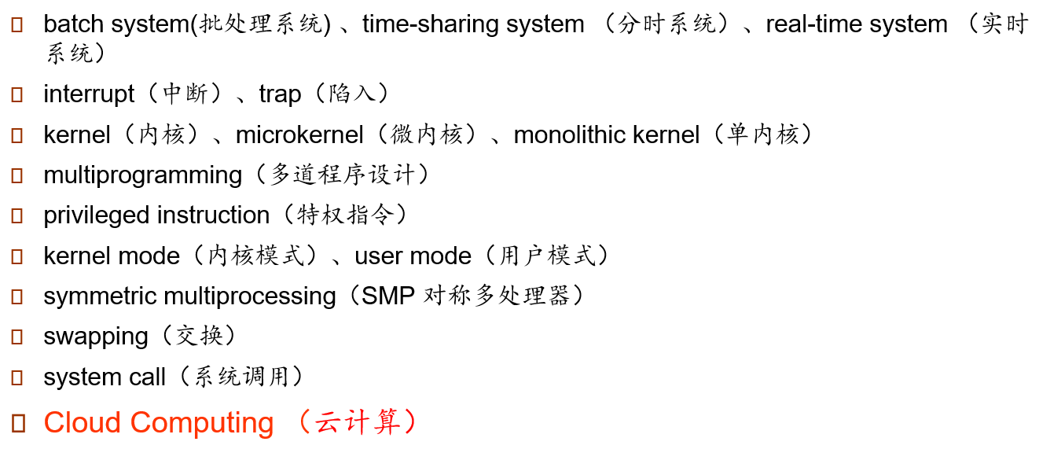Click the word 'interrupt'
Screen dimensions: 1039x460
(89, 94)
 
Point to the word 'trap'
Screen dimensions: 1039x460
(280, 94)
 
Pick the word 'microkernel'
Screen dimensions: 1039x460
(299, 135)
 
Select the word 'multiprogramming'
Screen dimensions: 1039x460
(142, 175)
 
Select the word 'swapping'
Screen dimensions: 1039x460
(96, 337)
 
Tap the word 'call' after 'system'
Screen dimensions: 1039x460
(146, 377)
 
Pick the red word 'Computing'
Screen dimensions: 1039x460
(202, 423)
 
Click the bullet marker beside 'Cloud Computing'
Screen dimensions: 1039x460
(17, 423)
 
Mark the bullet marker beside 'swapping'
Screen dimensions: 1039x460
(17, 337)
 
